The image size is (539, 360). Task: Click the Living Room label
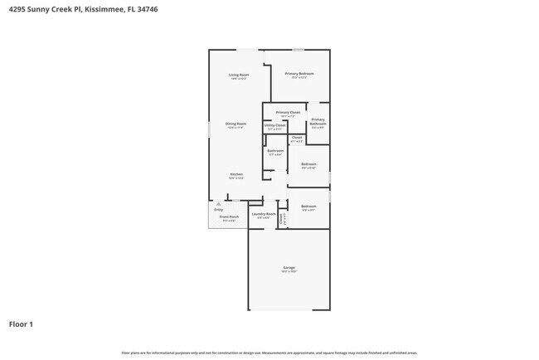coord(240,75)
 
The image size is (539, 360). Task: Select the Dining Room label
coord(236,124)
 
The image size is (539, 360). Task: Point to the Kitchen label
coord(236,174)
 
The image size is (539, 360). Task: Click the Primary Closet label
coord(288,112)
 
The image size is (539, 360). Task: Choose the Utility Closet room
coord(275,126)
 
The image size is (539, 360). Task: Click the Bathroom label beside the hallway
coord(275,151)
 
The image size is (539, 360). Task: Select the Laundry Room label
coord(264,214)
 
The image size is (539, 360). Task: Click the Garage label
coord(289,267)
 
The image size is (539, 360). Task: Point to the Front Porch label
coord(228,217)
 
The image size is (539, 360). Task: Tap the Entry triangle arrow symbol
coord(218,203)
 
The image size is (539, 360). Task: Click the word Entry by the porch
coord(218,209)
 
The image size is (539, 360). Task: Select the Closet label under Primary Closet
coord(297,138)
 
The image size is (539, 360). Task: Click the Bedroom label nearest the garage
coord(308,206)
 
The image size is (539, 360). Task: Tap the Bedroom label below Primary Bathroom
coord(308,164)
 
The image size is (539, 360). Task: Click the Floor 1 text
coord(21,324)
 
